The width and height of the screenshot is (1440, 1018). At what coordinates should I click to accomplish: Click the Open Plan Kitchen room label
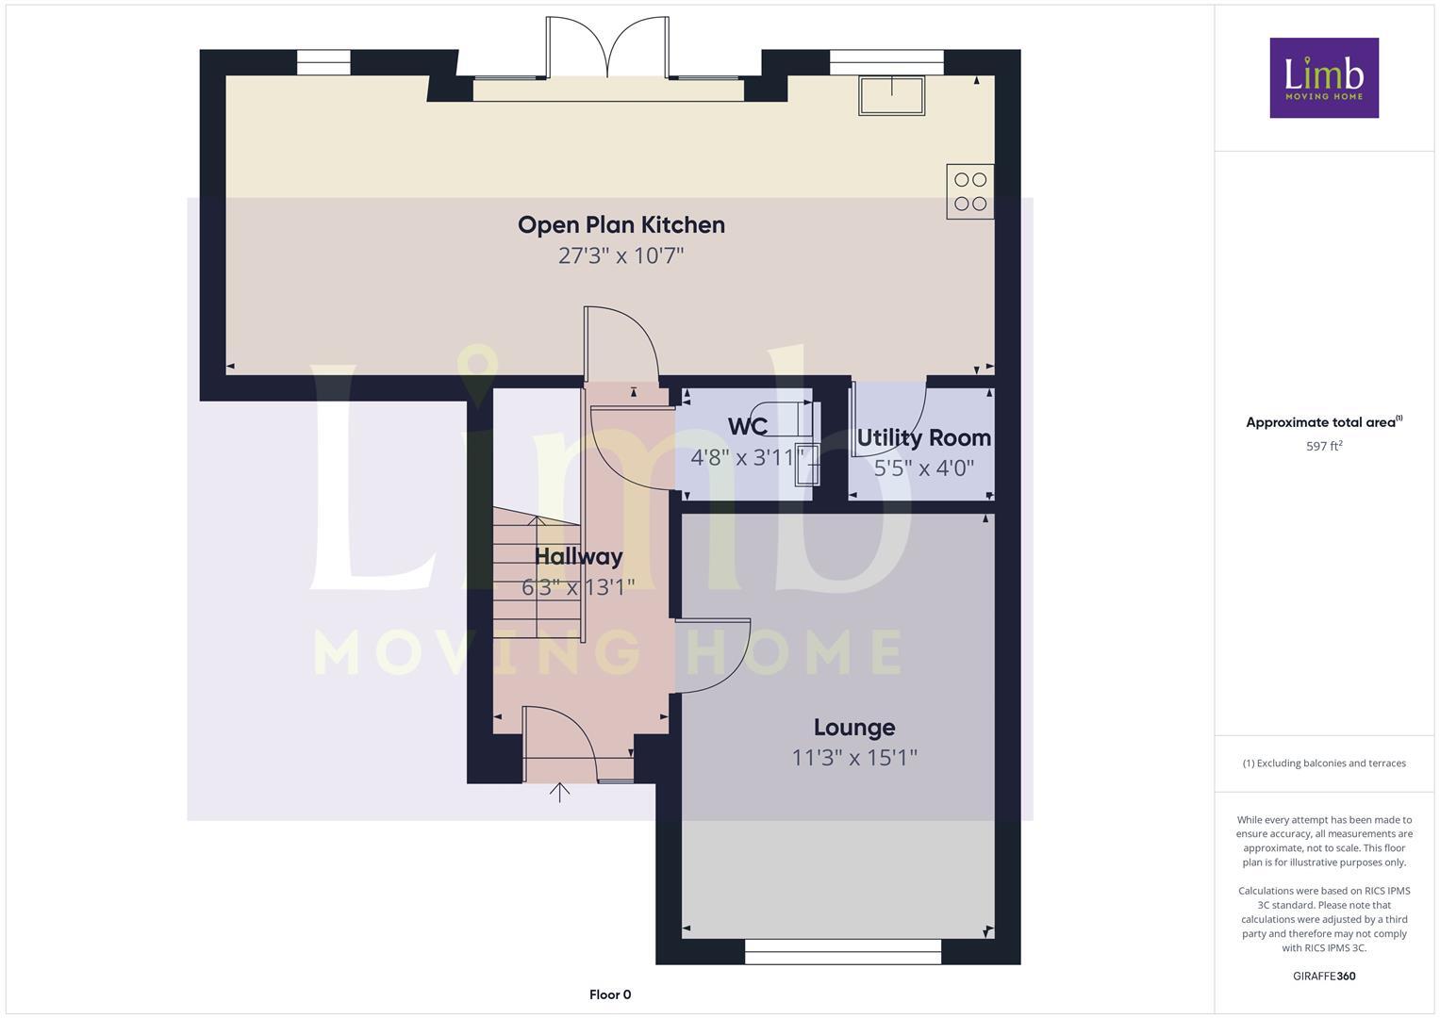[621, 224]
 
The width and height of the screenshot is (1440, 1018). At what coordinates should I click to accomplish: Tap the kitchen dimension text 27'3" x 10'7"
[621, 255]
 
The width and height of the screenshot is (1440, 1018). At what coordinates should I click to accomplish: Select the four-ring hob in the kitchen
[969, 191]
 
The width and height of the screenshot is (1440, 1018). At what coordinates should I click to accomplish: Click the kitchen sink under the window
[891, 95]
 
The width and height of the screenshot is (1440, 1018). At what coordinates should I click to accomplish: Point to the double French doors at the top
[607, 49]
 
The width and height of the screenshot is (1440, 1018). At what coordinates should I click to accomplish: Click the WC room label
[747, 426]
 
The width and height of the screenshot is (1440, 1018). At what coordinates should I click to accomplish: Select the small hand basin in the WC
[803, 463]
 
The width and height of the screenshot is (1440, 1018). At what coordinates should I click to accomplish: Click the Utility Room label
[923, 437]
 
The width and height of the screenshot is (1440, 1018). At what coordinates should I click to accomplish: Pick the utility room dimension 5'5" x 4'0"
[923, 468]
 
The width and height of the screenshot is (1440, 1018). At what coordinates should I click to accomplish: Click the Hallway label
[578, 556]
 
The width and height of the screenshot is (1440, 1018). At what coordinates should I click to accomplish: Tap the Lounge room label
[854, 727]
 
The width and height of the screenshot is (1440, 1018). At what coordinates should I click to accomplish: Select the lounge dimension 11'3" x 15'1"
[854, 757]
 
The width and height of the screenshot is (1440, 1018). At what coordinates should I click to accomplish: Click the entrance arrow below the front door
[559, 792]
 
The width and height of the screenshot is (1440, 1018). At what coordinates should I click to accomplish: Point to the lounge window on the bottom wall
[842, 951]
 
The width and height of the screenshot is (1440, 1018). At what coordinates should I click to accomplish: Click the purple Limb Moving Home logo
[1323, 77]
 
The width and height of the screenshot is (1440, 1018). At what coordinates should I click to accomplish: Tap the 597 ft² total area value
[1323, 446]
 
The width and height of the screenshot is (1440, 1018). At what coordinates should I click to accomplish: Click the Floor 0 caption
[609, 994]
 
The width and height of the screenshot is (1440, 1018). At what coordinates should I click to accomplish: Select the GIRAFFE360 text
[1323, 976]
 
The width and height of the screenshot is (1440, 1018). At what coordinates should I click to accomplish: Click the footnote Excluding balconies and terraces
[1323, 763]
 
